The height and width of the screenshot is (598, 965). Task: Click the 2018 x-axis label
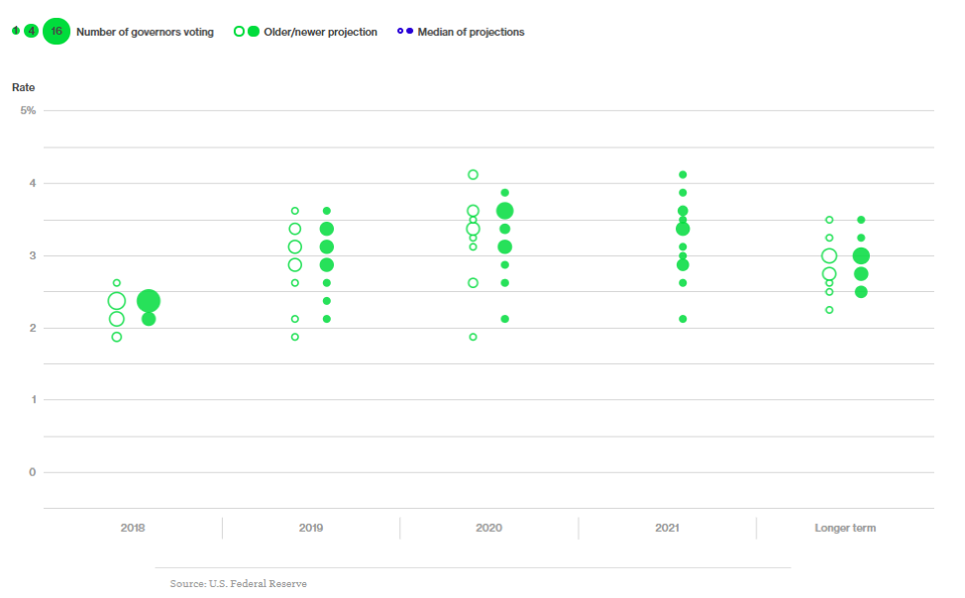click(132, 528)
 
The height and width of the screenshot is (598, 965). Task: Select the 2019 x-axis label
click(310, 528)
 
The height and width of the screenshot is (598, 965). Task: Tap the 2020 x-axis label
click(488, 528)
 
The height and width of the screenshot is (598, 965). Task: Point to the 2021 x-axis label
click(667, 528)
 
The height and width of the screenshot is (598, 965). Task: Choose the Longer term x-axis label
click(845, 528)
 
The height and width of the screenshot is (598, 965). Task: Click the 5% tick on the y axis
click(28, 110)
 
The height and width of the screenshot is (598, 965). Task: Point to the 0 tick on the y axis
click(32, 472)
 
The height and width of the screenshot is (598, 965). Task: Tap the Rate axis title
click(23, 87)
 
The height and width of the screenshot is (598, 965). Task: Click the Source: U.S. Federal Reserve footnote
click(238, 583)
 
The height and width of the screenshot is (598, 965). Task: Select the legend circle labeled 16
click(56, 32)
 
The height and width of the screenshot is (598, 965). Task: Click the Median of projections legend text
click(471, 32)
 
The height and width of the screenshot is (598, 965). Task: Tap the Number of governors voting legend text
click(145, 32)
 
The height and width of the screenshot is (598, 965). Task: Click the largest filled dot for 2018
click(149, 301)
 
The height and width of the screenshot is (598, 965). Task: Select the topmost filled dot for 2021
click(683, 174)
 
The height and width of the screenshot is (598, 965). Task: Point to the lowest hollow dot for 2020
click(473, 337)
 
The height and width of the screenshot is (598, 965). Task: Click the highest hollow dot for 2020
click(473, 174)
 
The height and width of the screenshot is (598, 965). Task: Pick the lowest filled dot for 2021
click(683, 319)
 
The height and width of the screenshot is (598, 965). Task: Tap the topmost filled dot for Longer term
click(861, 220)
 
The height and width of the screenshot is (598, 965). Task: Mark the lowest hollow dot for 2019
click(294, 337)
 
